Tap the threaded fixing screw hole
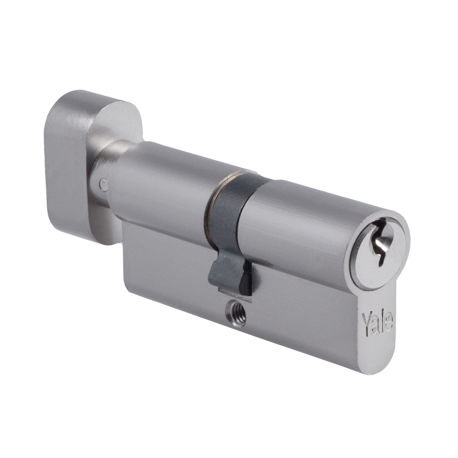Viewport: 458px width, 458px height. click(236, 316)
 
